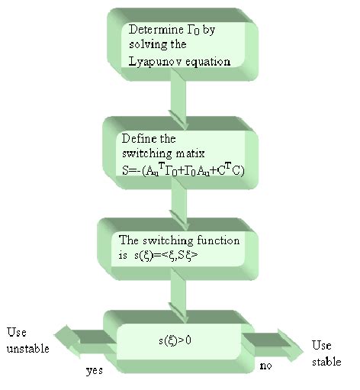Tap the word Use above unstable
point(17,333)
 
